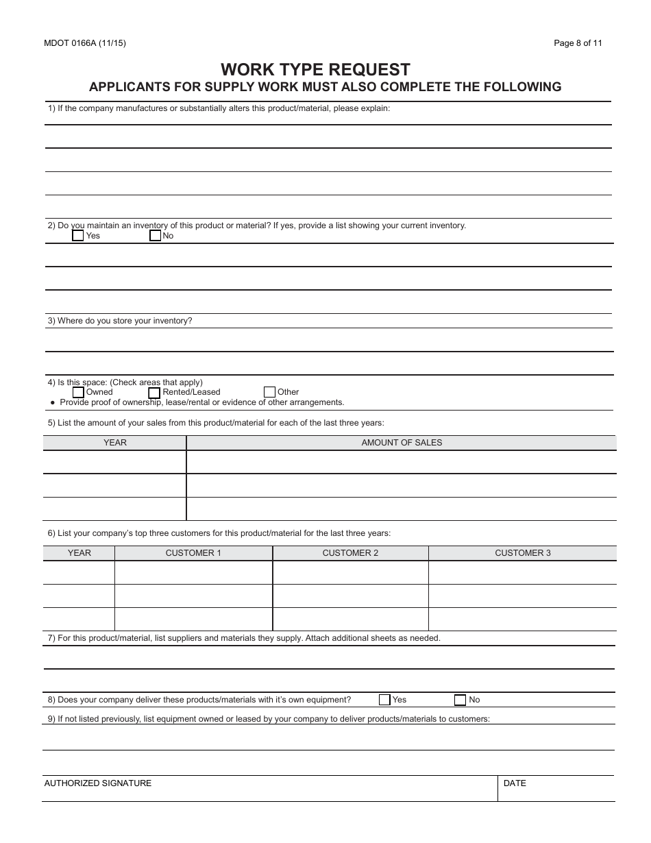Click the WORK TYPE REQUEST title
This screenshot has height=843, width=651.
[315, 70]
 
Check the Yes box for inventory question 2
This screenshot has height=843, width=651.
[78, 236]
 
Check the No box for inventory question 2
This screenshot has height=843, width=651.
[155, 236]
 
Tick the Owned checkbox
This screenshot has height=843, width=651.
[78, 393]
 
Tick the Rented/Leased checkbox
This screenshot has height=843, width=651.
[155, 393]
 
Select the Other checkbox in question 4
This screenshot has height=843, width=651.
[269, 393]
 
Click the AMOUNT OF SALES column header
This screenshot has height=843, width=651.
[402, 443]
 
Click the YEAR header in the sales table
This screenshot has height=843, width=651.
[115, 443]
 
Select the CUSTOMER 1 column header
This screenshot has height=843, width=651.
[193, 553]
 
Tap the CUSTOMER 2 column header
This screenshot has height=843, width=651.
[350, 553]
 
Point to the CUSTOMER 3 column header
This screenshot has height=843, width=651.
[522, 553]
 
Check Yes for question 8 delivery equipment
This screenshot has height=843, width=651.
[384, 700]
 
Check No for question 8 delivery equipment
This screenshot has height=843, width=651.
[460, 700]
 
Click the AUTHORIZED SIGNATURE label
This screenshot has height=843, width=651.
[98, 783]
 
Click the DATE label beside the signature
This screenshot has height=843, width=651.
[515, 783]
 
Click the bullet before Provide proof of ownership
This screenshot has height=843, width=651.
[52, 403]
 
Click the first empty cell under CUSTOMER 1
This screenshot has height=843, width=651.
[193, 573]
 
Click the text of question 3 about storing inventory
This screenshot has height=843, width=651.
[120, 321]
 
